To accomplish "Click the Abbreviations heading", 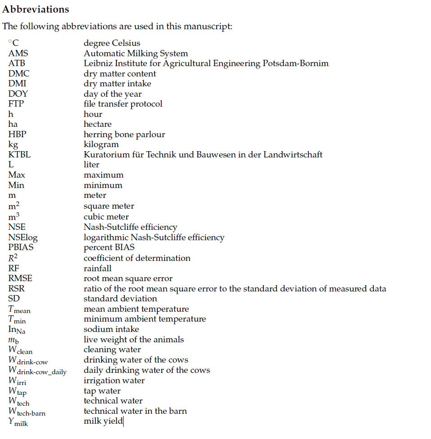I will pos(36,9).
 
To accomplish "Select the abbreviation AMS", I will pos(18,53).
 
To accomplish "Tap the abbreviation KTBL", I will pos(19,154).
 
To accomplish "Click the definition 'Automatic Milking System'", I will pos(136,53).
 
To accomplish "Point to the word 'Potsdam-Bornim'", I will pos(296,63).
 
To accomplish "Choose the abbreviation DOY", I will pos(18,94).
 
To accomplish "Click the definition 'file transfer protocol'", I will pos(123,104).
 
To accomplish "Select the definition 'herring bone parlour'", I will pos(124,134).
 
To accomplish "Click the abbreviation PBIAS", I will pos(21,247).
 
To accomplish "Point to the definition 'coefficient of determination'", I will pos(137,258).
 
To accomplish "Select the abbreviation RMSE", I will pos(20,278).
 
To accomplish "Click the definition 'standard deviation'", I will pos(120,299).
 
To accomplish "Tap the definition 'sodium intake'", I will pos(111,329).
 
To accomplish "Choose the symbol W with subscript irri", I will pos(17,381).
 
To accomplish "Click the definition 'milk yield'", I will pos(103,421).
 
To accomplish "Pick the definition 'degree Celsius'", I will pos(112,43).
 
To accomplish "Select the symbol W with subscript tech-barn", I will pos(27,412).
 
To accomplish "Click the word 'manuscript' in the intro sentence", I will pos(209,26).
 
